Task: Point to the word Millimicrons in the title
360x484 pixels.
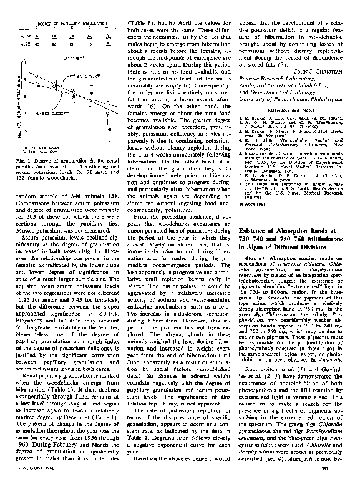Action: [323, 223]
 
